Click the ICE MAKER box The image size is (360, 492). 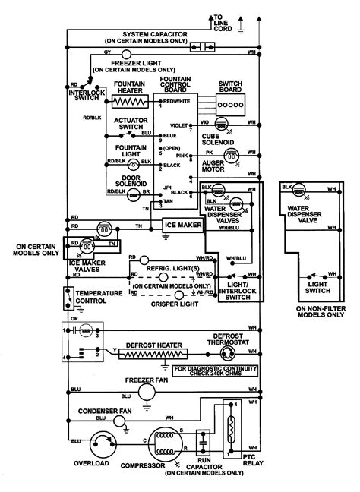[x=182, y=225]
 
